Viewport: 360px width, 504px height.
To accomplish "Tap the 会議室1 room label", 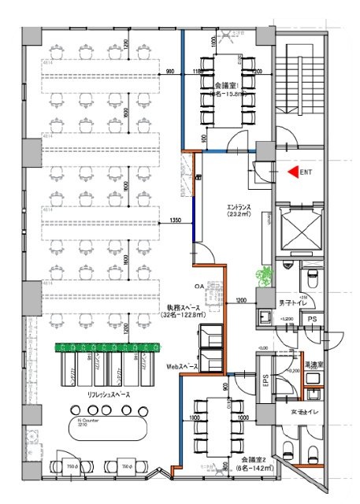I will (225, 84).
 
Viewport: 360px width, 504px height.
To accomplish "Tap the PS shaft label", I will (312, 318).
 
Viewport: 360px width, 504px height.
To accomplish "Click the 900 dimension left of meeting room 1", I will (170, 72).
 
